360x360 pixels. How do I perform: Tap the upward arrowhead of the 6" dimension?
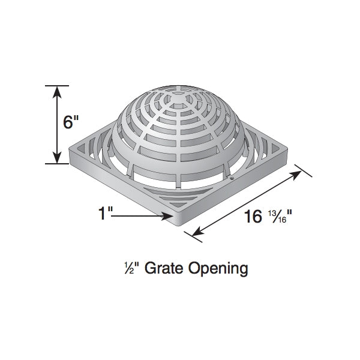point(57,91)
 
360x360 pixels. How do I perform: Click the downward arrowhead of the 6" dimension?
point(57,158)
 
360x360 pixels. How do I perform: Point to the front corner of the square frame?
point(179,227)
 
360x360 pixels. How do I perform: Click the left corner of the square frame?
point(71,150)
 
